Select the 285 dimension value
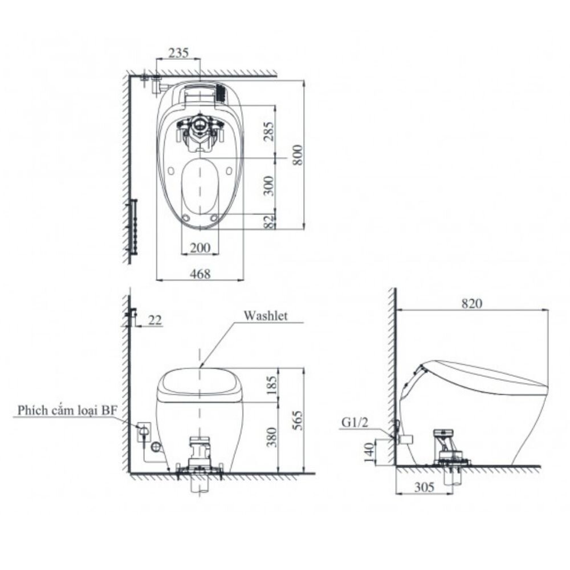pyautogui.click(x=269, y=131)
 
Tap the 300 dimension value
pyautogui.click(x=269, y=185)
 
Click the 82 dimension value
pyautogui.click(x=269, y=222)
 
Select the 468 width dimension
pyautogui.click(x=200, y=274)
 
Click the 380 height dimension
pyautogui.click(x=270, y=437)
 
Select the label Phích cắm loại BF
pyautogui.click(x=66, y=410)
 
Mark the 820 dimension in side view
pyautogui.click(x=473, y=304)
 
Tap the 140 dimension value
pyautogui.click(x=369, y=453)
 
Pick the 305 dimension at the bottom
pyautogui.click(x=424, y=487)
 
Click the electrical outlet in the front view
pyautogui.click(x=144, y=431)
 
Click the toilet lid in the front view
pyautogui.click(x=200, y=382)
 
